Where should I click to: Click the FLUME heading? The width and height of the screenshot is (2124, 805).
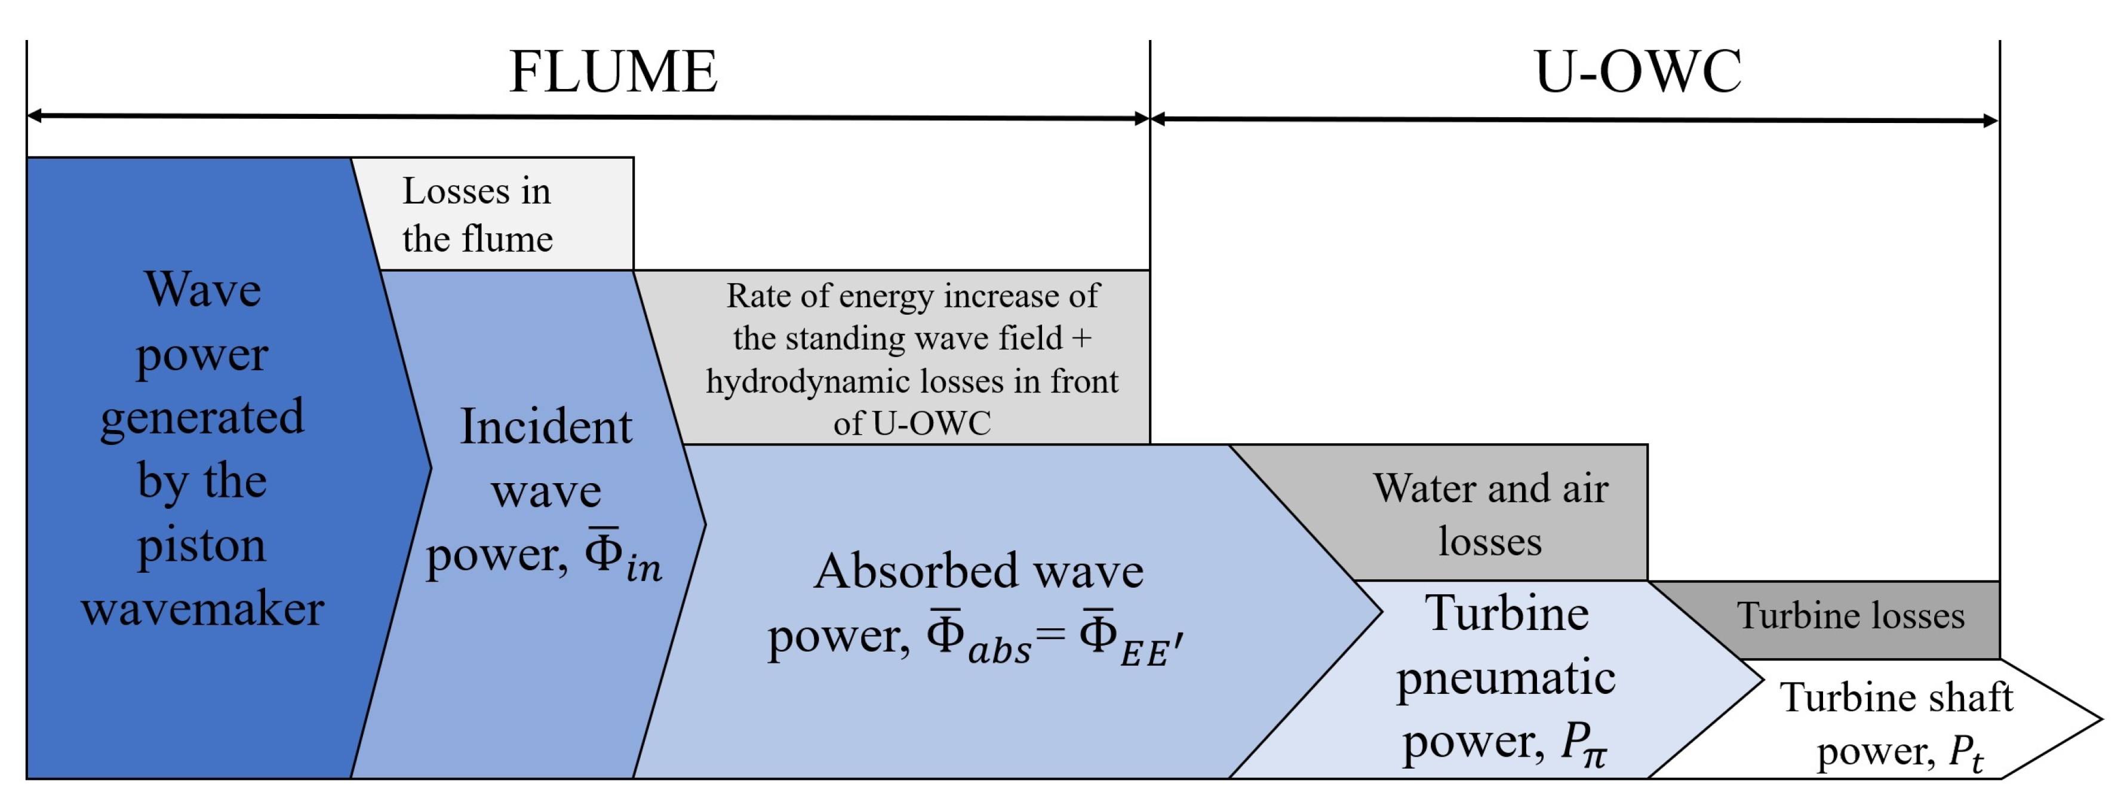613,73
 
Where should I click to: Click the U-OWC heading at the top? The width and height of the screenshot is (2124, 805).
1637,73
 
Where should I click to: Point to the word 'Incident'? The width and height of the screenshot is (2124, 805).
546,427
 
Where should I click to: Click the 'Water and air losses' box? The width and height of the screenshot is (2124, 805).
1491,513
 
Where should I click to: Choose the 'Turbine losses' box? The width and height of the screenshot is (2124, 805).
1851,616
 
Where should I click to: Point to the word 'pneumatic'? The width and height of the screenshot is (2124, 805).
1505,678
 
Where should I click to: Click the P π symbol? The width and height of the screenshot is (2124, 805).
1583,744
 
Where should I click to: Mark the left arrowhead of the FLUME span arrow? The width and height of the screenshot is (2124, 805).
35,115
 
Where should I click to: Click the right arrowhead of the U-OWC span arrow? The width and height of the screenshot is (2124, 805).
1990,121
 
